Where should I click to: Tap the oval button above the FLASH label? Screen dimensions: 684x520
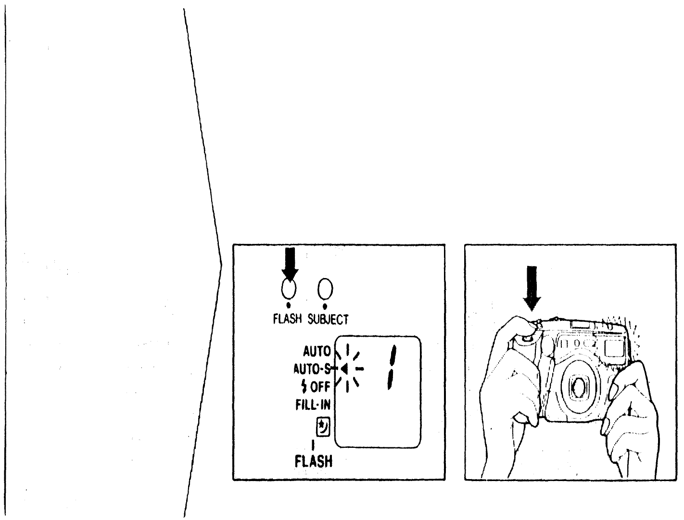tap(289, 289)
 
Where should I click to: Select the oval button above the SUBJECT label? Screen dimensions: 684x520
tap(326, 289)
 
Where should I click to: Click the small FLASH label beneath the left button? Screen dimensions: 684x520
tap(288, 318)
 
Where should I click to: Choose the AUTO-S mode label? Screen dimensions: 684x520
tap(312, 369)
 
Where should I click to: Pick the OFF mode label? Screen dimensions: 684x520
tap(319, 387)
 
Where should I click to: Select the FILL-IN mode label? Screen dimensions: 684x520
tap(313, 405)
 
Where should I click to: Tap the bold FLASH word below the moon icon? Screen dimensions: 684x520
tap(314, 462)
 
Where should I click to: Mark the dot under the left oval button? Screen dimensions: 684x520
tap(288, 305)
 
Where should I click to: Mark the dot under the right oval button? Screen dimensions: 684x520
tap(325, 305)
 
